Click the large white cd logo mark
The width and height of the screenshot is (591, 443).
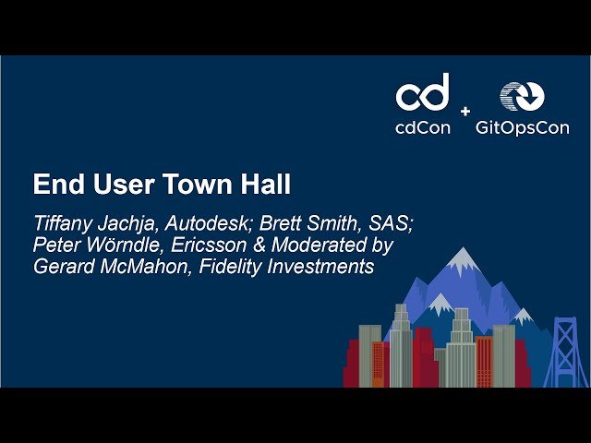coord(423,92)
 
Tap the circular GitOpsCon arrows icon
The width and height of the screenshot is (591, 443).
coord(522,96)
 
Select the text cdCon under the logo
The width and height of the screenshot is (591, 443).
coord(423,128)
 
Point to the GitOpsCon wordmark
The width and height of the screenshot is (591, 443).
coord(522,128)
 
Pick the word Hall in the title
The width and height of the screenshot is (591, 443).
coord(266,185)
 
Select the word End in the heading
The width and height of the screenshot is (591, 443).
coord(54,185)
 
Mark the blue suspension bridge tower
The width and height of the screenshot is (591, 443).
coord(564,351)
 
